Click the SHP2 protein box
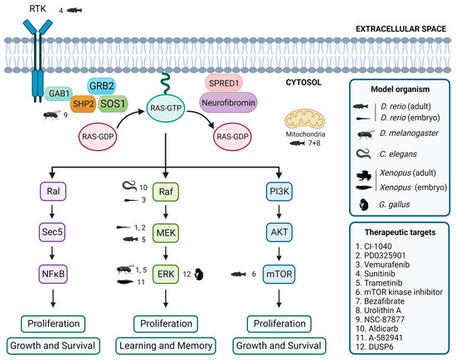83,104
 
